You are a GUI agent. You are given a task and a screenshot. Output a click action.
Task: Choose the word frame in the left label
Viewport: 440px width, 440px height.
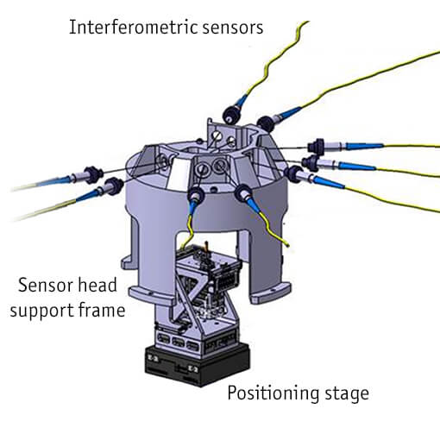pos(100,308)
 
